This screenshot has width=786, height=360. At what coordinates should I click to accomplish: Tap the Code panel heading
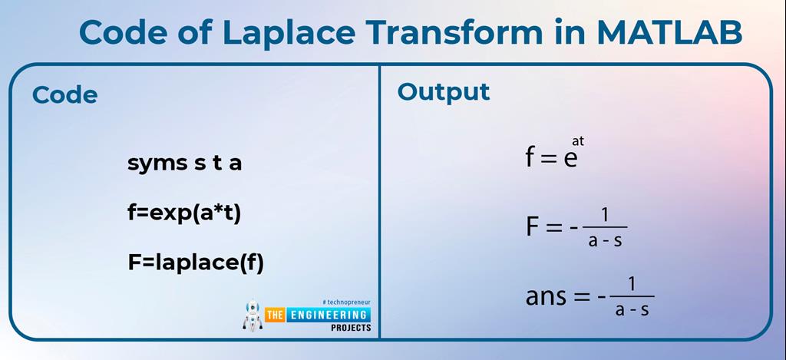(x=64, y=95)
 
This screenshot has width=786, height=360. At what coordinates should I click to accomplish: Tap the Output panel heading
(x=443, y=92)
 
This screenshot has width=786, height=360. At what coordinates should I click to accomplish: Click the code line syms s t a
(x=184, y=163)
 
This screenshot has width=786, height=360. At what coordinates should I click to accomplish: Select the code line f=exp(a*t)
(x=184, y=213)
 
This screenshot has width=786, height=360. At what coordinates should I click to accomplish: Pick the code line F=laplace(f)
(x=196, y=263)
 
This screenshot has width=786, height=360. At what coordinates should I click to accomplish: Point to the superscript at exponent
(x=578, y=140)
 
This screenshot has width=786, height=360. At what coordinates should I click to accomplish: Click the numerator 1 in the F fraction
(x=605, y=216)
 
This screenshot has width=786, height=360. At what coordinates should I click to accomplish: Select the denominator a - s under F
(x=605, y=240)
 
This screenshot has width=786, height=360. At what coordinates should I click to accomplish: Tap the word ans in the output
(x=544, y=297)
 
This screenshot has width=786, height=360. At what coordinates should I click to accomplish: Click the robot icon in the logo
(x=252, y=315)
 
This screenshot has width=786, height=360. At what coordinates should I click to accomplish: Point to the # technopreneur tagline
(x=346, y=302)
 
